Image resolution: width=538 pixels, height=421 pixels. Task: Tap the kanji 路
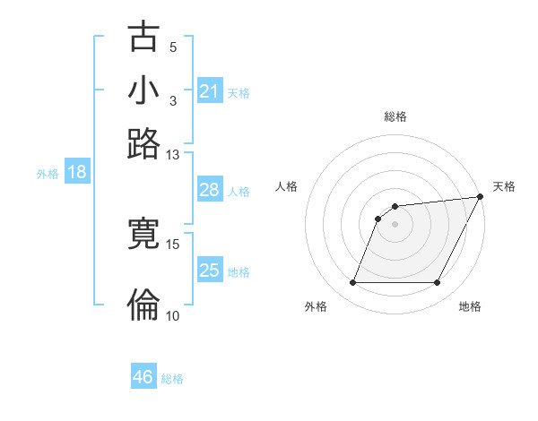[144, 143]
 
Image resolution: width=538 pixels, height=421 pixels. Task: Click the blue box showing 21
[209, 91]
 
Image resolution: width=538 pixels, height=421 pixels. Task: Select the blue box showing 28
[209, 191]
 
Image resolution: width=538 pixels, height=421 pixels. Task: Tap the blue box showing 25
[209, 271]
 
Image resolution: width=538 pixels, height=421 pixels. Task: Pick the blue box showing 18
[77, 173]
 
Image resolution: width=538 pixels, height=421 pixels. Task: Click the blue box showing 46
[143, 377]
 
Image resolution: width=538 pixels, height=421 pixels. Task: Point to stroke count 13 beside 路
[173, 154]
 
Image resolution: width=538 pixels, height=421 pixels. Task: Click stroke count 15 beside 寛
[173, 244]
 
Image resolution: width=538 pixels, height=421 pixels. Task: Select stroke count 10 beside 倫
[173, 315]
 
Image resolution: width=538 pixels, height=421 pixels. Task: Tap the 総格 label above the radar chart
[395, 116]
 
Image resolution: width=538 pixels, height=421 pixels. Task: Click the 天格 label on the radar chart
[504, 186]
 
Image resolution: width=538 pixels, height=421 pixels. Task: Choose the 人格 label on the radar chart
[286, 186]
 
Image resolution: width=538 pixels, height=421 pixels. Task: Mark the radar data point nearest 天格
[481, 197]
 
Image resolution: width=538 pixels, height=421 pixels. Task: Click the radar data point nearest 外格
[352, 283]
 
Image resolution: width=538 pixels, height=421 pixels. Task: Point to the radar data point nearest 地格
[437, 283]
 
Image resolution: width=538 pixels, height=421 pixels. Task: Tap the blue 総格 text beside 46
[173, 379]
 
